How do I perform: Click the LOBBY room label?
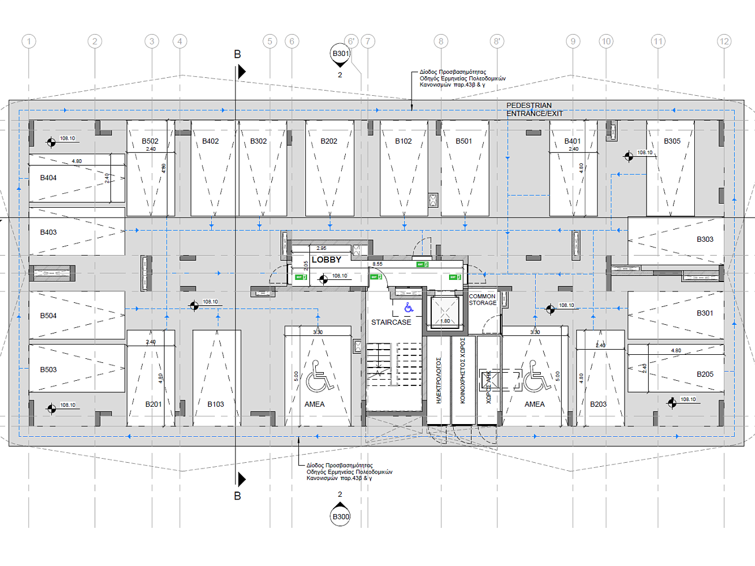[x=326, y=260]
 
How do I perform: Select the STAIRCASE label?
[x=391, y=323]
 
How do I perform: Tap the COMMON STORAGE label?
[x=482, y=299]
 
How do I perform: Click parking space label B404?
[x=48, y=178]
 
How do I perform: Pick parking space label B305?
[x=672, y=141]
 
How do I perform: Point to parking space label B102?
[x=403, y=141]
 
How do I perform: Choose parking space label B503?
[x=48, y=370]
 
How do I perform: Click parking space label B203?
[x=598, y=404]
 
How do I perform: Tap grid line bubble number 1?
[x=29, y=42]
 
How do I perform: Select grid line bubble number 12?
[x=724, y=42]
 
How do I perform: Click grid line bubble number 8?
[x=441, y=42]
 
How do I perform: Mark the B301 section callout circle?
[x=341, y=54]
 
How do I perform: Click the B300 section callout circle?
[x=341, y=516]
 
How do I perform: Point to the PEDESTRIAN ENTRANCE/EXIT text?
[x=534, y=110]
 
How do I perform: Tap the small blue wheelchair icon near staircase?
[x=409, y=308]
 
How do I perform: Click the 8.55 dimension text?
[x=377, y=264]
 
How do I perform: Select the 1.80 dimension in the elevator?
[x=445, y=321]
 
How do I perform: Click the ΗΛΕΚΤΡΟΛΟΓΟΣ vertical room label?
[x=438, y=380]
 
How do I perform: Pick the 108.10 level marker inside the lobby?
[x=339, y=276]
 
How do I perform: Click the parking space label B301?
[x=705, y=313]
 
